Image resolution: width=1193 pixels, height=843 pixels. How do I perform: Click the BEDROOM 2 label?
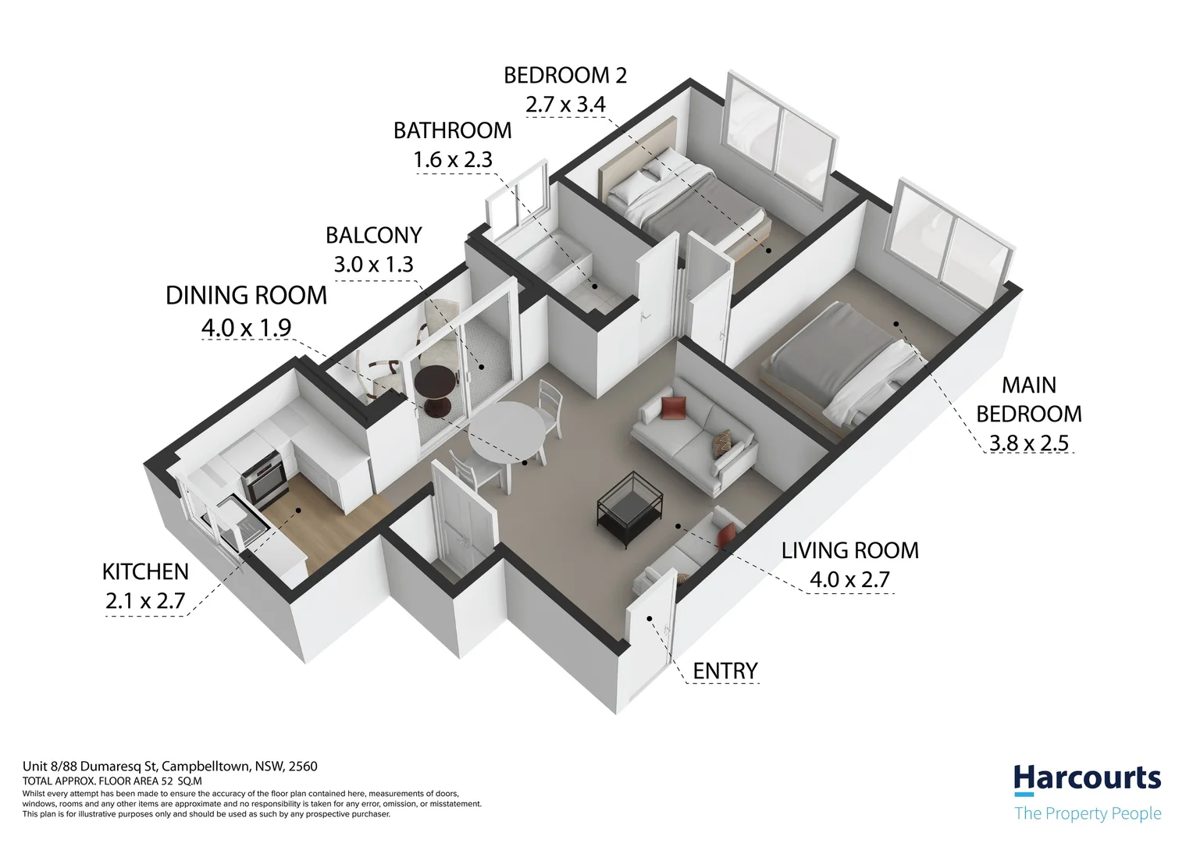point(565,76)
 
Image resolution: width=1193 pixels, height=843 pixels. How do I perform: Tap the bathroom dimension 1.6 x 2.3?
point(452,159)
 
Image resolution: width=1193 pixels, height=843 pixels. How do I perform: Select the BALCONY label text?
point(373,235)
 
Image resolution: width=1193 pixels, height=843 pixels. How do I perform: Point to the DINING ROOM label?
point(246,296)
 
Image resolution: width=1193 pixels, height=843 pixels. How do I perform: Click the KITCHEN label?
point(145,572)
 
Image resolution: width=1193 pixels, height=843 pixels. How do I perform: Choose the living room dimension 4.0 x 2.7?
point(849,580)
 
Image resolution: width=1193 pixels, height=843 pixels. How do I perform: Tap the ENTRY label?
point(725,670)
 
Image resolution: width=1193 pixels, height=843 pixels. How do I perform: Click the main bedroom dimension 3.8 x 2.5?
point(1028,443)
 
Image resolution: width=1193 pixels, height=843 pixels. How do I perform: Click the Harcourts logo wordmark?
point(1086,778)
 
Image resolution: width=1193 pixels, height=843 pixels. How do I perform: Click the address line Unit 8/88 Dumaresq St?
point(169,767)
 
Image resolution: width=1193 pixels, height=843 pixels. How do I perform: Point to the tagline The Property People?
point(1087,813)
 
